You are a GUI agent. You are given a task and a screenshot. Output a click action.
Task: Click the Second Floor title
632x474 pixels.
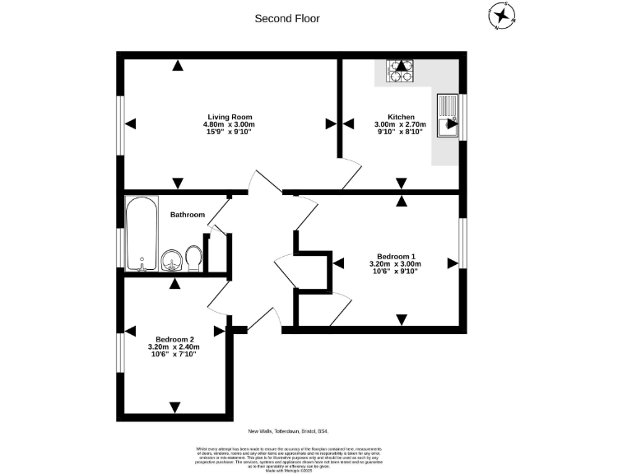pyautogui.click(x=286, y=18)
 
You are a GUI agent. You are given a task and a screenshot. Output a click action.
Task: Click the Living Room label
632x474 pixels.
pyautogui.click(x=229, y=117)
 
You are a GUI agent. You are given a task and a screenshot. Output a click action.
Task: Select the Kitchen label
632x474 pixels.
pyautogui.click(x=401, y=117)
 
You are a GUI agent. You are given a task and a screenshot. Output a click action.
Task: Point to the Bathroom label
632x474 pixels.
pyautogui.click(x=187, y=215)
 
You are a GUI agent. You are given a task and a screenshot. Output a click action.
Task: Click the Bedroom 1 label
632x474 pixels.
pyautogui.click(x=397, y=255)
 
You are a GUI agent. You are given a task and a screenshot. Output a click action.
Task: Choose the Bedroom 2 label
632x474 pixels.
pyautogui.click(x=174, y=340)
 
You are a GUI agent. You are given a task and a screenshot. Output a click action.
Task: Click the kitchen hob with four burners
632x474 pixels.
pyautogui.click(x=401, y=72)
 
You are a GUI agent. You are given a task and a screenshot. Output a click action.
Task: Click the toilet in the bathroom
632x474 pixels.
pyautogui.click(x=194, y=257)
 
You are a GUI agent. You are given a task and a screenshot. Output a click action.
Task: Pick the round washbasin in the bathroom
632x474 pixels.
pyautogui.click(x=172, y=260)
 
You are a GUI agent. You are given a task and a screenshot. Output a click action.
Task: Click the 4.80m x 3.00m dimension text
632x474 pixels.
pyautogui.click(x=229, y=124)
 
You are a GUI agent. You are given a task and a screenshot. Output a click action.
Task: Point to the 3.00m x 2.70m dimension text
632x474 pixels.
pyautogui.click(x=401, y=124)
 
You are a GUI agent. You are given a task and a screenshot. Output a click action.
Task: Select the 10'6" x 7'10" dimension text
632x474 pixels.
pyautogui.click(x=174, y=355)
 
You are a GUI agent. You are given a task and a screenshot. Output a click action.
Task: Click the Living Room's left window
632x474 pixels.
pyautogui.click(x=120, y=124)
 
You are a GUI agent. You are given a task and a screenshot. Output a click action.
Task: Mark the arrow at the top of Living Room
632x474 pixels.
pyautogui.click(x=175, y=66)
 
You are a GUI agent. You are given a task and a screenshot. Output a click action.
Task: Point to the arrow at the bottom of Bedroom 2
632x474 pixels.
pyautogui.click(x=174, y=406)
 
